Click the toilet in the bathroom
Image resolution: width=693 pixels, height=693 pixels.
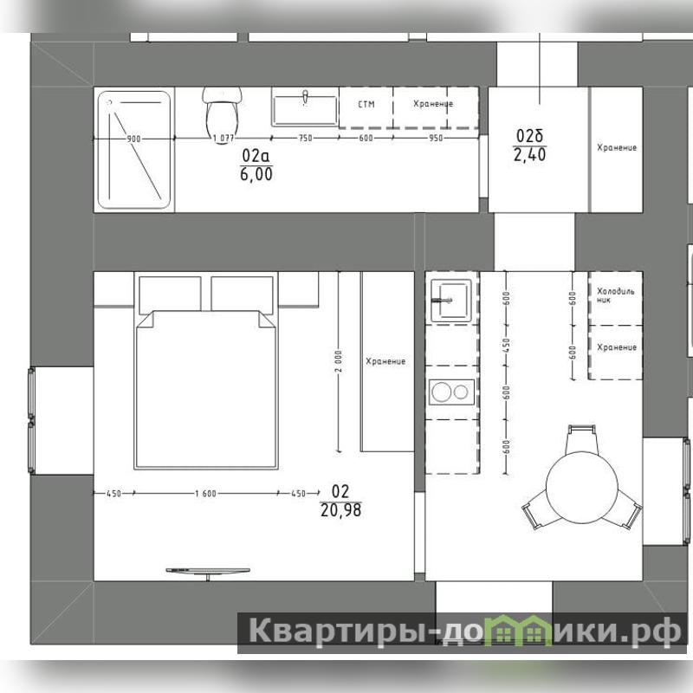pyautogui.click(x=223, y=113)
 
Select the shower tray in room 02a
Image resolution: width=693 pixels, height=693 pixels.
pyautogui.click(x=134, y=150)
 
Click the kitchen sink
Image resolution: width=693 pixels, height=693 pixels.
pyautogui.click(x=450, y=300)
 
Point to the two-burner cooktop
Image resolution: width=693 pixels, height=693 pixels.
pyautogui.click(x=451, y=392)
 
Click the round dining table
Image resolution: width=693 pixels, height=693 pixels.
pyautogui.click(x=581, y=487)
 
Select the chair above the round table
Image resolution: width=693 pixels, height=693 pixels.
pyautogui.click(x=580, y=438)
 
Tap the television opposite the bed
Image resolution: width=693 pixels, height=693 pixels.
pyautogui.click(x=208, y=572)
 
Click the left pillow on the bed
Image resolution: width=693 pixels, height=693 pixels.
pyautogui.click(x=170, y=295)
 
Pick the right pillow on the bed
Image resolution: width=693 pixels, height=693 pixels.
pyautogui.click(x=242, y=295)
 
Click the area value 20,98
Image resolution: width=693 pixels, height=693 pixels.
pyautogui.click(x=340, y=510)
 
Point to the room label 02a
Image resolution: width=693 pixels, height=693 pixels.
pyautogui.click(x=256, y=156)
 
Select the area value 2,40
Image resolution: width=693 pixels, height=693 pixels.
pyautogui.click(x=529, y=155)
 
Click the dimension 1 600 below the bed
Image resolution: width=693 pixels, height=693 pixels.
pyautogui.click(x=206, y=493)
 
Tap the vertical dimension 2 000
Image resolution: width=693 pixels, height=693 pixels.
pyautogui.click(x=339, y=361)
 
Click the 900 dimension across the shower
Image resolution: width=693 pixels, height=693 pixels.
pyautogui.click(x=133, y=139)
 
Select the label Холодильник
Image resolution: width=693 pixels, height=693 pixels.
pyautogui.click(x=616, y=295)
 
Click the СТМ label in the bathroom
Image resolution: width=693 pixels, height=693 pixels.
pyautogui.click(x=366, y=104)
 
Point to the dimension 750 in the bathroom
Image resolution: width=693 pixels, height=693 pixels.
pyautogui.click(x=306, y=138)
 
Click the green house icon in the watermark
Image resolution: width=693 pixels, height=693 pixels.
pyautogui.click(x=519, y=630)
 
